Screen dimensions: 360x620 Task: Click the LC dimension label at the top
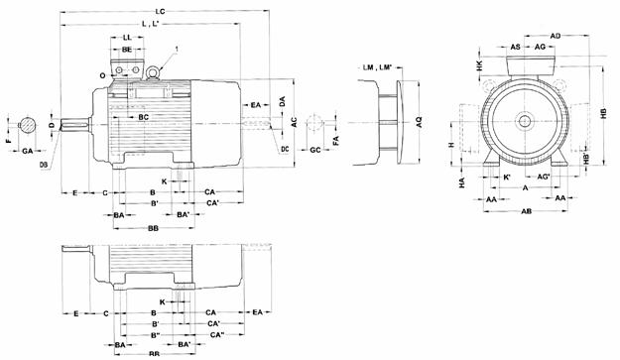click(x=161, y=9)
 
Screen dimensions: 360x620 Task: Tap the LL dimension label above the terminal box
click(x=127, y=36)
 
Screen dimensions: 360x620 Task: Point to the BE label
click(x=127, y=49)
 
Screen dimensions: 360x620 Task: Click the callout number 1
click(x=177, y=49)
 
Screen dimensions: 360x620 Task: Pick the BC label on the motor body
click(x=144, y=117)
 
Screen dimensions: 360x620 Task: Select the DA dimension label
click(x=283, y=102)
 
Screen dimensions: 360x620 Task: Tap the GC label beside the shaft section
click(x=314, y=150)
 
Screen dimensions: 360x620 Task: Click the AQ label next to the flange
click(x=419, y=120)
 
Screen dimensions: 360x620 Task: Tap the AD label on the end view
click(x=557, y=35)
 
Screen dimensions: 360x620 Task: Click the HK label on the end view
click(x=479, y=64)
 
